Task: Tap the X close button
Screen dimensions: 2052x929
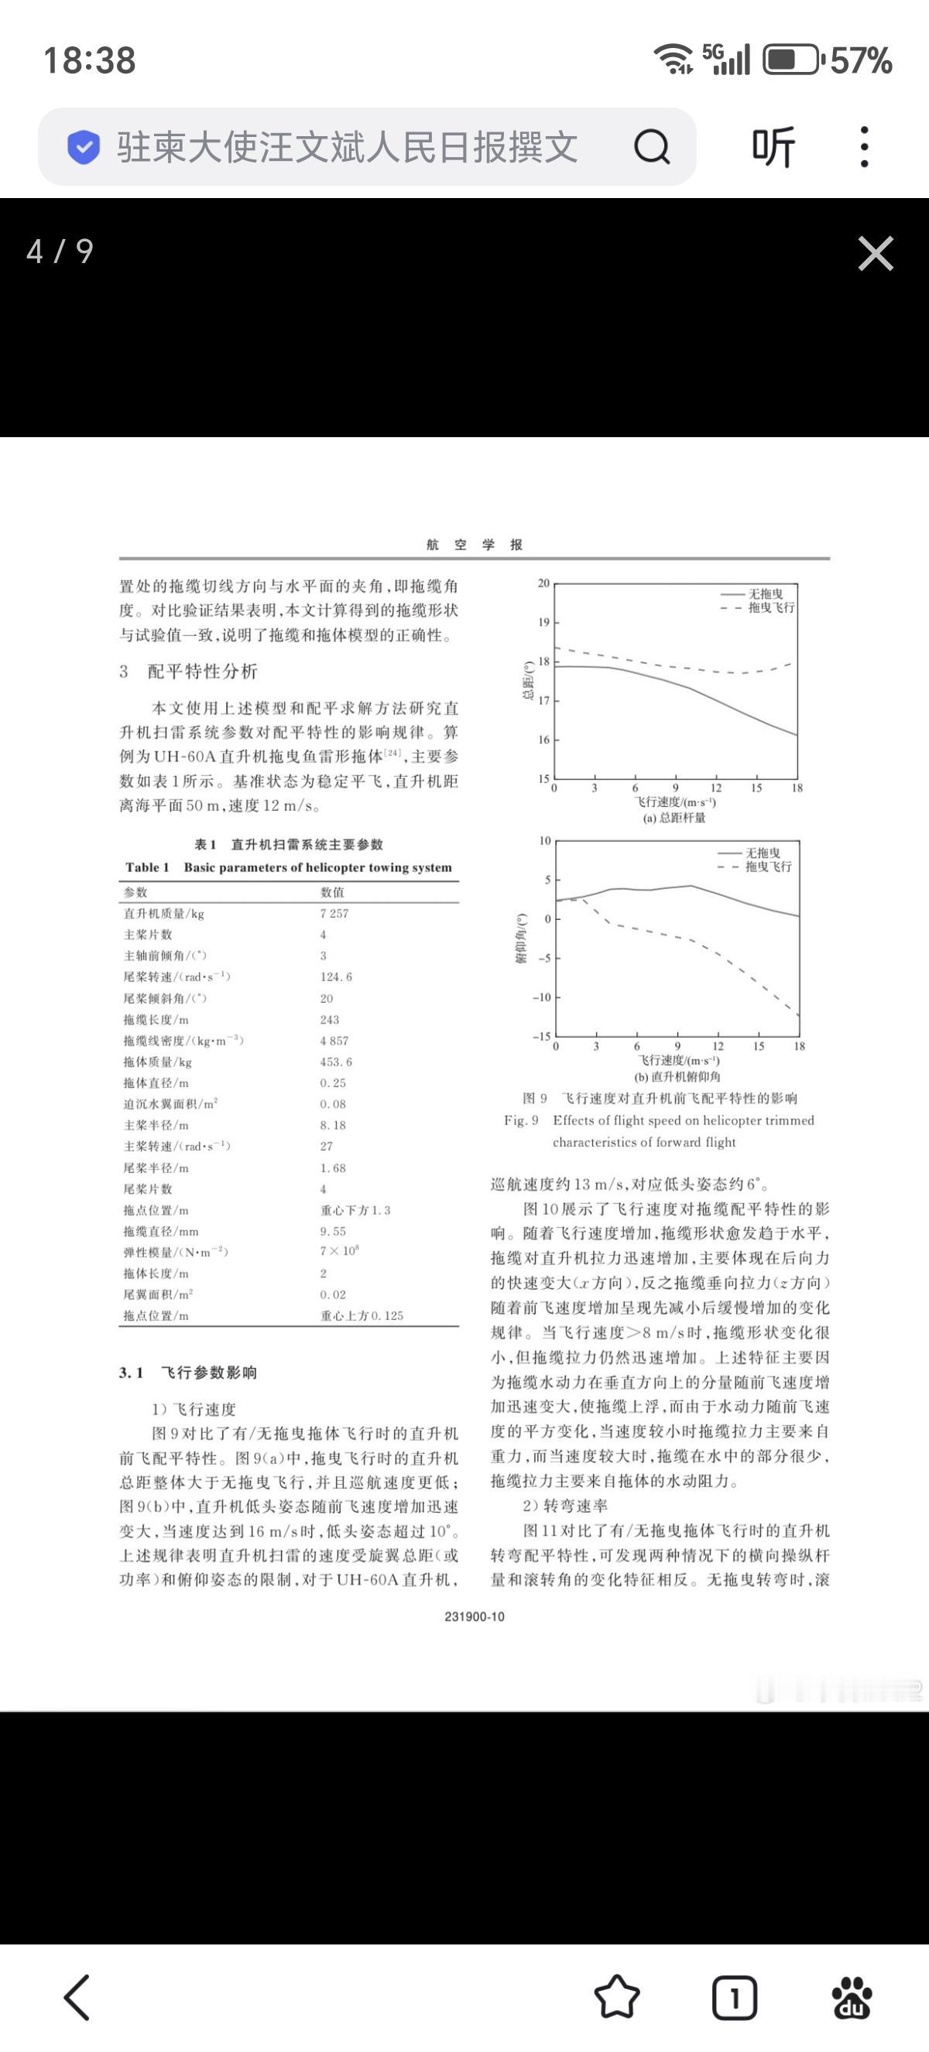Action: click(875, 253)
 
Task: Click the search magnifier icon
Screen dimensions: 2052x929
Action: click(651, 146)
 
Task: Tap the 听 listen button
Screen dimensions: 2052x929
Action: click(773, 146)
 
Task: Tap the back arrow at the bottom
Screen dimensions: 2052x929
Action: click(77, 1997)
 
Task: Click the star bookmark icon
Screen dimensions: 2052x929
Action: click(617, 1997)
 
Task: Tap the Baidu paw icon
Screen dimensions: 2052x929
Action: click(851, 1997)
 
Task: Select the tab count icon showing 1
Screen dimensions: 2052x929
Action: click(734, 1997)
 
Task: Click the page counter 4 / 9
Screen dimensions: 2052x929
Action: click(60, 251)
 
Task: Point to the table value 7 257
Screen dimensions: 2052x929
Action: click(334, 914)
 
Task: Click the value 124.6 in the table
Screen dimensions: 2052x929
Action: click(336, 976)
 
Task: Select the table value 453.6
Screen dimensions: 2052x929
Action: click(336, 1062)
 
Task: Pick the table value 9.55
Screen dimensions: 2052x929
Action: click(333, 1231)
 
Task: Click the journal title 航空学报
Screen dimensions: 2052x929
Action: click(475, 545)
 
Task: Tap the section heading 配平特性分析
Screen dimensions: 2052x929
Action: click(202, 672)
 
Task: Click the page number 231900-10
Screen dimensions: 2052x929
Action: click(475, 1616)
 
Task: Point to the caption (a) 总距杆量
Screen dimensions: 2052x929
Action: click(674, 817)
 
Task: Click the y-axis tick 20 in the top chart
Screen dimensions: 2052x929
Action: click(543, 583)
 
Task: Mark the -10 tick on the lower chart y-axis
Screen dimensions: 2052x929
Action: click(541, 997)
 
